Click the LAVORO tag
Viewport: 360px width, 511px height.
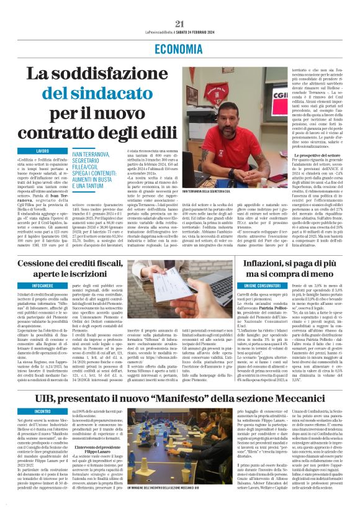pos(43,151)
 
